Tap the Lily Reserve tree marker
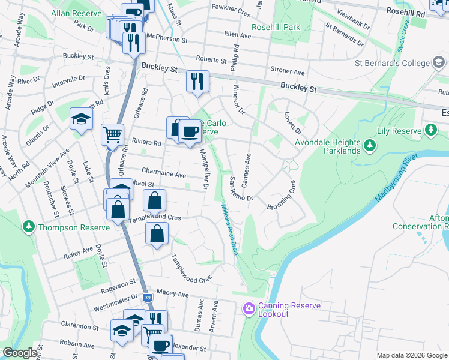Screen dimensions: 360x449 click(x=430, y=130)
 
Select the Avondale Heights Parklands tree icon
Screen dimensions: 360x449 click(x=370, y=146)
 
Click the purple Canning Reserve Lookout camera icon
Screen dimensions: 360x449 click(x=249, y=309)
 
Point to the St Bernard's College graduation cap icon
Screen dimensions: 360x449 click(x=439, y=62)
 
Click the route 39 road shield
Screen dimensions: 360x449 click(x=148, y=297)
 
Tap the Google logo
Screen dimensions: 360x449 click(x=20, y=353)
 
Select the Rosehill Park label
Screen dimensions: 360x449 click(x=276, y=27)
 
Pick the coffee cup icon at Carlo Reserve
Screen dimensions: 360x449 click(x=190, y=132)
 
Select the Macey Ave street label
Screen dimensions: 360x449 click(x=172, y=293)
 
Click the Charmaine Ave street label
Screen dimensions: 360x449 click(x=164, y=175)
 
